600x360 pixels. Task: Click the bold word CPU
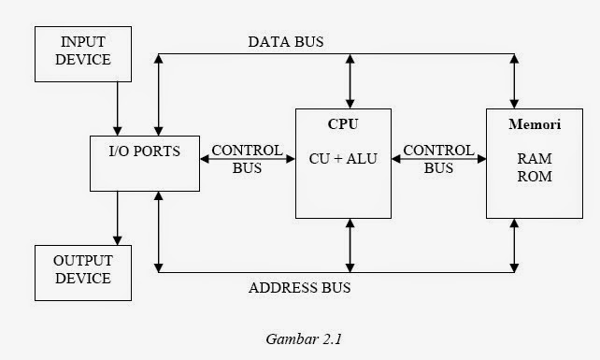point(343,123)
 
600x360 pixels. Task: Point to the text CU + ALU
point(343,159)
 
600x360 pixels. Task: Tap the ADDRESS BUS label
point(299,288)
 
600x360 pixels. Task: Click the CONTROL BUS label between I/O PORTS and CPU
point(247,159)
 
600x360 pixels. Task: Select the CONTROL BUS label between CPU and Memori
point(438,159)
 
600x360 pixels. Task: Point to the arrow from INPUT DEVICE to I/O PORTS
point(118,106)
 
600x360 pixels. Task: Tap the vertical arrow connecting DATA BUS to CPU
point(350,81)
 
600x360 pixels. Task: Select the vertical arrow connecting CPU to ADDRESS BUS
point(350,245)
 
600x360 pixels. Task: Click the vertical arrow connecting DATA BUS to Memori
point(514,81)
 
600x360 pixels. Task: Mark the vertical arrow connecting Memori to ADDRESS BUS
point(514,245)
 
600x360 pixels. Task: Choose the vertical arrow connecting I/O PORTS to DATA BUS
point(160,94)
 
